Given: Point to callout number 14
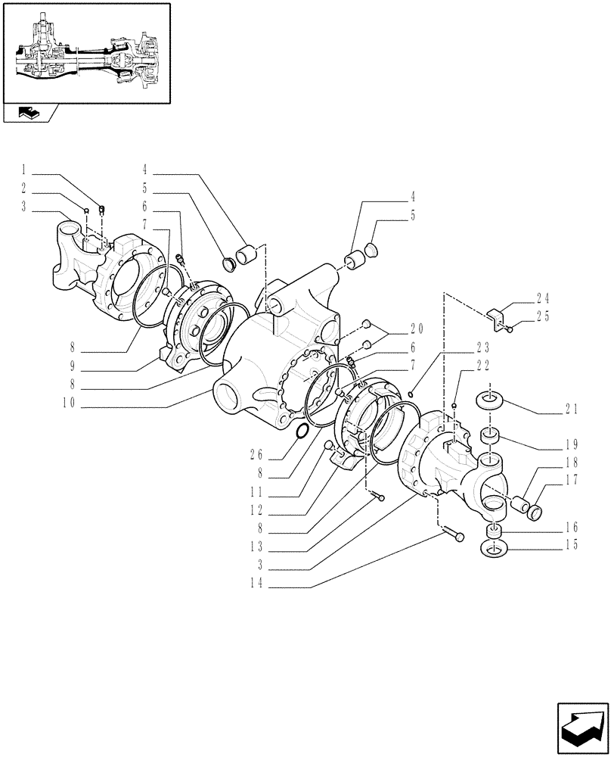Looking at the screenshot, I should tap(257, 584).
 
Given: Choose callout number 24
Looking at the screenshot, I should tap(564, 298).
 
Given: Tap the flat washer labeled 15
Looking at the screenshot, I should tap(493, 549).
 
